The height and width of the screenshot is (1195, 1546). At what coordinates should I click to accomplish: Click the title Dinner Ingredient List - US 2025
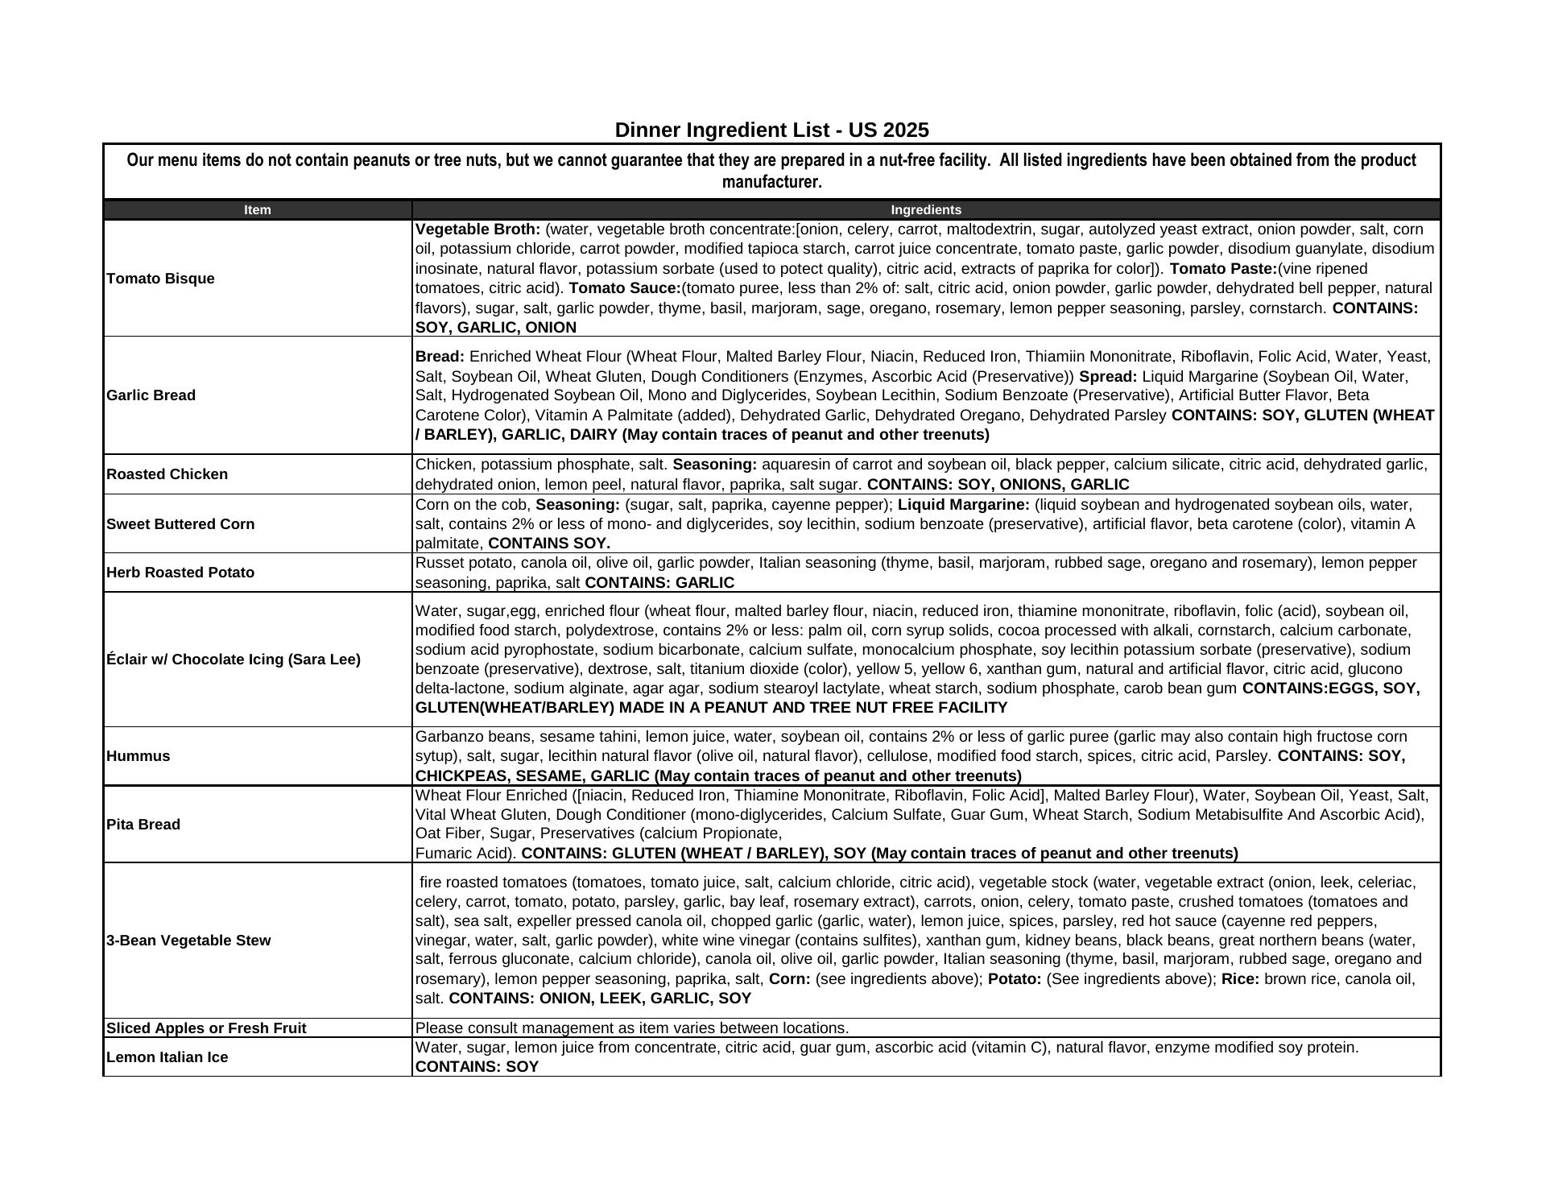(771, 130)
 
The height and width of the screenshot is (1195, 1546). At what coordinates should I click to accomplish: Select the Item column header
(258, 210)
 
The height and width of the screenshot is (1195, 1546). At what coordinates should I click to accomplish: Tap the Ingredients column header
(925, 210)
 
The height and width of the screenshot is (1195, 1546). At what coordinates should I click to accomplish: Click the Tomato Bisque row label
(160, 279)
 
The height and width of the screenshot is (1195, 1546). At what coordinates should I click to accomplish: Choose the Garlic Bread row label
(151, 395)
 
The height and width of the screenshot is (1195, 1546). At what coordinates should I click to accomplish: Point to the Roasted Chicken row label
(167, 474)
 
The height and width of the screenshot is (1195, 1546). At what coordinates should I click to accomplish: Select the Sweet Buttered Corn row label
(180, 524)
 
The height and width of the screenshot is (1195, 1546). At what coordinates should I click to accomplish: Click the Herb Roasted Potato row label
(180, 573)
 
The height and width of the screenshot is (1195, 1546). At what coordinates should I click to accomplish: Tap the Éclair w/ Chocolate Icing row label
(234, 660)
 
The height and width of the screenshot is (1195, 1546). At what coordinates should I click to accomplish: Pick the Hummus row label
(138, 756)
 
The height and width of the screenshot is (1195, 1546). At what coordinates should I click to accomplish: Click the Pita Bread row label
(143, 825)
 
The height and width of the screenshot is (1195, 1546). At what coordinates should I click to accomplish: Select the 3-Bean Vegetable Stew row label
(188, 941)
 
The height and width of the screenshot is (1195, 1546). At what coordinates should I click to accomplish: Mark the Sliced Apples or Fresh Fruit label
(206, 1028)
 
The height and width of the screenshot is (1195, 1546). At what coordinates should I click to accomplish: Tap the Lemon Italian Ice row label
(167, 1057)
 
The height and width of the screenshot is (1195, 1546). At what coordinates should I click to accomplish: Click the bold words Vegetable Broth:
(477, 229)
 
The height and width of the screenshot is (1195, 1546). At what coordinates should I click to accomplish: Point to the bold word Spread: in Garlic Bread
(1108, 377)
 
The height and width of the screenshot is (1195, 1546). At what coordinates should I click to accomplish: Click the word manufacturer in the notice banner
(771, 182)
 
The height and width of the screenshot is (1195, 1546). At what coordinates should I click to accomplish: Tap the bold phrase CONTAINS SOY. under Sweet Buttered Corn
(549, 544)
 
